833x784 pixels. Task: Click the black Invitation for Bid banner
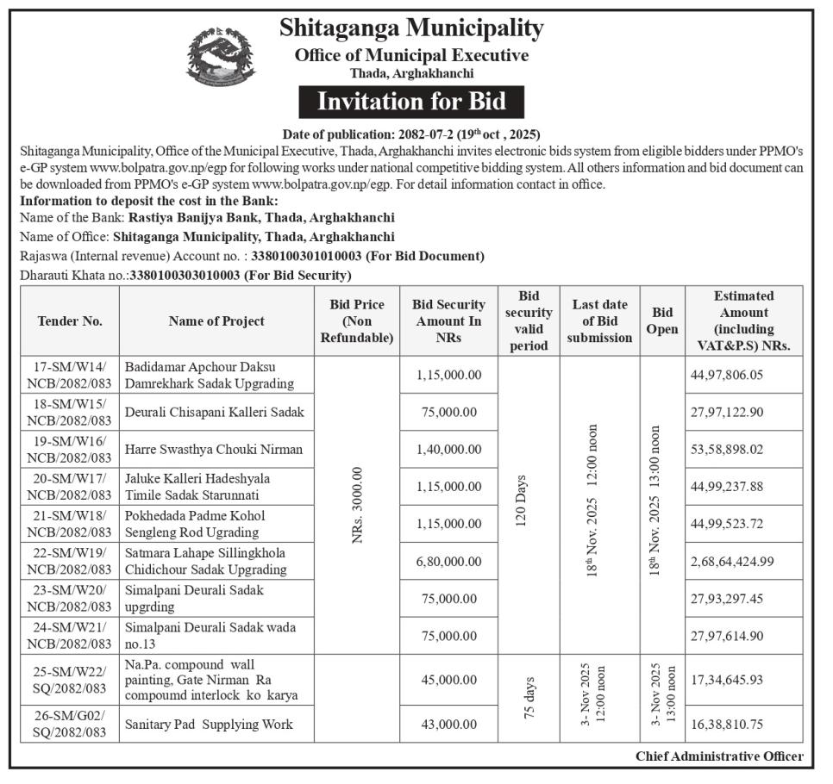410,102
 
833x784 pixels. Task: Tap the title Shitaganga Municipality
411,28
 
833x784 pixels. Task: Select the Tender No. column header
70,320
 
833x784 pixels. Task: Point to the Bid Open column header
662,320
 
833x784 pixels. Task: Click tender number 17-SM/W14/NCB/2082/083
70,375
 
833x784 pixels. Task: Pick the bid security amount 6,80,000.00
448,561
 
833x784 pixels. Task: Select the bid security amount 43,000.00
448,725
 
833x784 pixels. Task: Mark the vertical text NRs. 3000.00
356,505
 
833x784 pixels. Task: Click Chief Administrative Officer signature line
719,756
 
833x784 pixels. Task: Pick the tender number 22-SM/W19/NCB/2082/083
70,561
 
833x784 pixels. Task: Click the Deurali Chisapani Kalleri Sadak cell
215,412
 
